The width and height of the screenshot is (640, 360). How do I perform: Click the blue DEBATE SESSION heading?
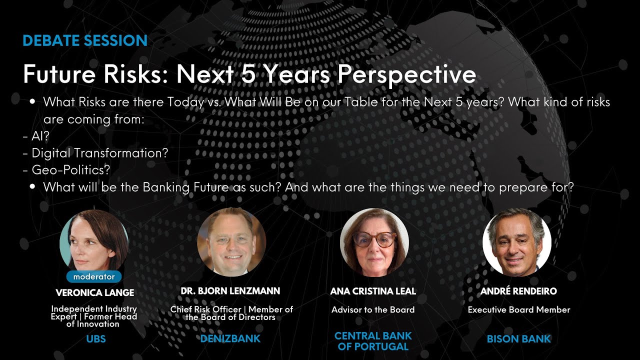(x=85, y=41)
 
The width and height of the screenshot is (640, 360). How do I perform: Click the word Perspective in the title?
(x=406, y=75)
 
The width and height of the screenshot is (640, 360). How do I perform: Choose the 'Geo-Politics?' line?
(x=66, y=170)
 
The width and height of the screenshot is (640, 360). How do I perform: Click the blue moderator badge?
(x=94, y=276)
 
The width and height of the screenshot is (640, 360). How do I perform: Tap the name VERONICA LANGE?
(x=94, y=292)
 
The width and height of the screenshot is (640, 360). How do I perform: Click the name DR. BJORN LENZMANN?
(x=230, y=291)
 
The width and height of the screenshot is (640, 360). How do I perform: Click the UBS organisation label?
(x=96, y=339)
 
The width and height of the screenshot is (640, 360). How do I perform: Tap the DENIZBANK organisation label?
(x=230, y=339)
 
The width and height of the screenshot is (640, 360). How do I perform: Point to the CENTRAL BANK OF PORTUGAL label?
(x=373, y=340)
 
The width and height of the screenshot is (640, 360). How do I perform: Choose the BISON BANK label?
(x=518, y=339)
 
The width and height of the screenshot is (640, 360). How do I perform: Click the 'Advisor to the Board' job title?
(x=373, y=310)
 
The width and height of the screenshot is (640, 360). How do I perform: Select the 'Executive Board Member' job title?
(x=519, y=310)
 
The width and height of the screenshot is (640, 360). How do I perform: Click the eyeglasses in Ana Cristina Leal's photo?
(x=374, y=239)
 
